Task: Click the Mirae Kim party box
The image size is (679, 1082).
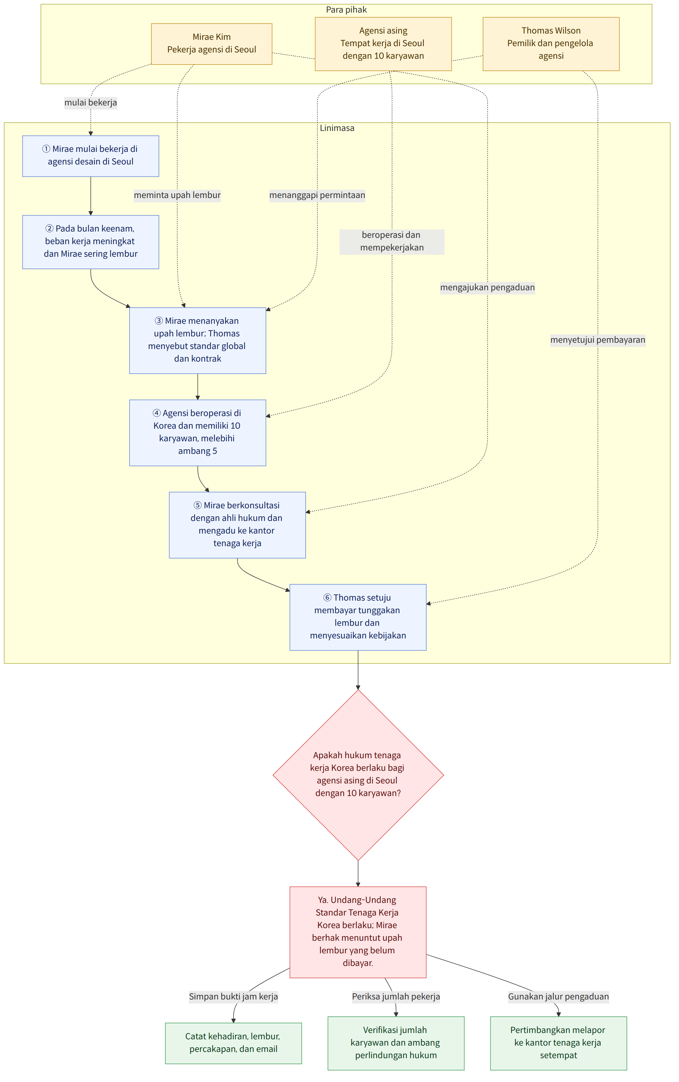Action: (x=212, y=44)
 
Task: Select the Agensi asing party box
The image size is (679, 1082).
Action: (x=383, y=44)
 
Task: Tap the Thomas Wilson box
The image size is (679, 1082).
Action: (x=551, y=44)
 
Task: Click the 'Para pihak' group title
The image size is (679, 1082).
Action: (x=346, y=10)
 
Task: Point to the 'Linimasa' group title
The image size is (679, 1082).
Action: (x=337, y=128)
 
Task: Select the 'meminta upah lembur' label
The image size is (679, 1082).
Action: (x=177, y=195)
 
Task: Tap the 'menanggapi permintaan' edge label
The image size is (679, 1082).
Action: (x=317, y=195)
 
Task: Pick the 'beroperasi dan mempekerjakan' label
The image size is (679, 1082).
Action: (x=392, y=242)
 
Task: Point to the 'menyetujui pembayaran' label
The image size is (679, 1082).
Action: (x=598, y=340)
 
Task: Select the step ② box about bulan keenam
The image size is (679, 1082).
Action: (x=91, y=242)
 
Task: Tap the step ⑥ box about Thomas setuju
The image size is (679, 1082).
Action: (x=358, y=617)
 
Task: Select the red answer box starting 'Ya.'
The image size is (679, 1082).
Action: (x=358, y=931)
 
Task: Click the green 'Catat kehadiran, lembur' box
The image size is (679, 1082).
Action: (x=233, y=1043)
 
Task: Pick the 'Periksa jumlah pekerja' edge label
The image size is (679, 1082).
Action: (x=396, y=997)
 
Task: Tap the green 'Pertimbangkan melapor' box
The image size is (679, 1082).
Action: (x=558, y=1043)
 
